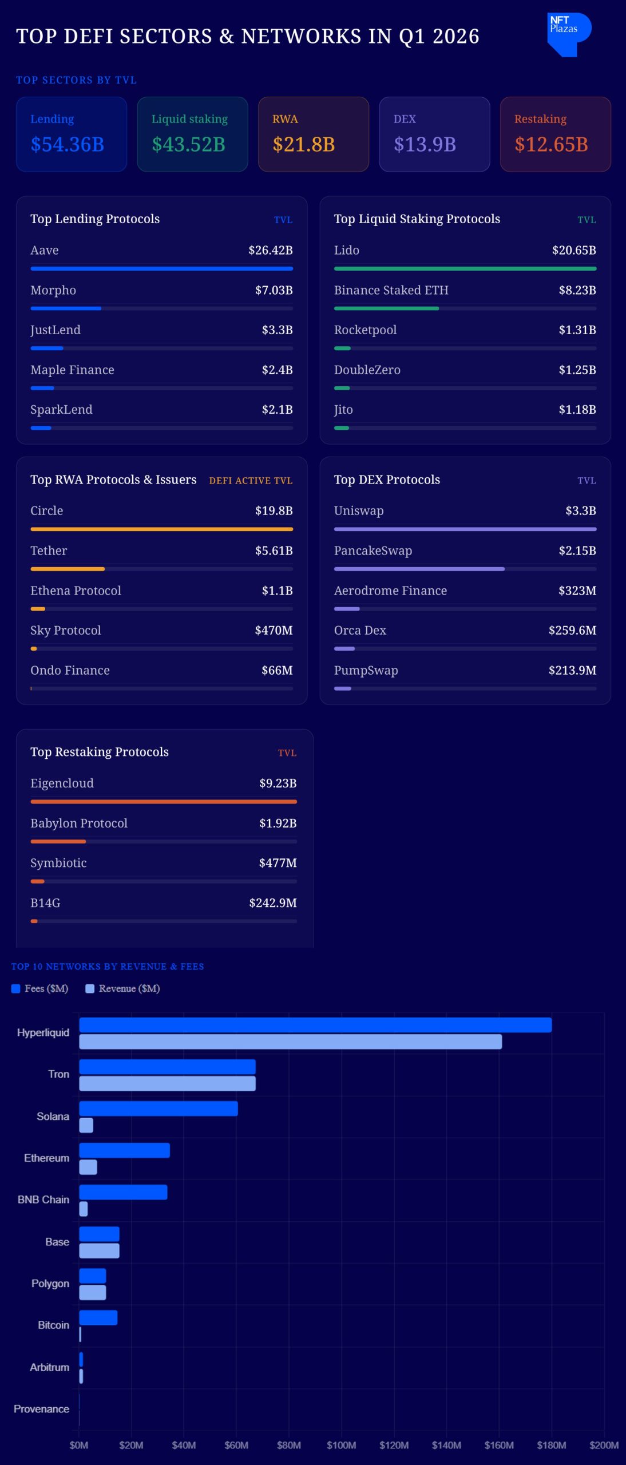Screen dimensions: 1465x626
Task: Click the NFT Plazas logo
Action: tap(568, 34)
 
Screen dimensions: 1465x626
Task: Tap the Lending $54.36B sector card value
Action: tap(68, 144)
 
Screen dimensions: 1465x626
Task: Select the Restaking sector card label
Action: tap(540, 119)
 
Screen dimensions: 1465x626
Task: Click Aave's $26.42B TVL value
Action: tap(270, 250)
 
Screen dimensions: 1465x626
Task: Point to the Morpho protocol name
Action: tap(53, 290)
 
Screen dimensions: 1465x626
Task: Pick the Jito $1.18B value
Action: tap(577, 410)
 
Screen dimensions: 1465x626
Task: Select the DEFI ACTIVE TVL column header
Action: tap(251, 481)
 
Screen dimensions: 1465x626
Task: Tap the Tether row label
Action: tap(49, 551)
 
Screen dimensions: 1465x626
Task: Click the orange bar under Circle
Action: tap(161, 529)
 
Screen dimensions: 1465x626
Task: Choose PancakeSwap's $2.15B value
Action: tap(577, 551)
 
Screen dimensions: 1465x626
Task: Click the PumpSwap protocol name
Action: tap(366, 670)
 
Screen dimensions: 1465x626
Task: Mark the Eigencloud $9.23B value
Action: tap(278, 783)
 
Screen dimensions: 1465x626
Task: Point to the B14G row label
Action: tap(45, 902)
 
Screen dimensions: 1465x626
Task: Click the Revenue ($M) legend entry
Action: tap(122, 988)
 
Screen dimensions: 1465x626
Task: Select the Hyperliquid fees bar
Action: tap(315, 1025)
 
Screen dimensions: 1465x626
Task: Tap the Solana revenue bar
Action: tap(86, 1126)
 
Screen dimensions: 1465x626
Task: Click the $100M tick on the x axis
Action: tap(341, 1445)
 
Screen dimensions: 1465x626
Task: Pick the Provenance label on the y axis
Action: tap(41, 1409)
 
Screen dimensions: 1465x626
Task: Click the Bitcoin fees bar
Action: tap(98, 1317)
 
